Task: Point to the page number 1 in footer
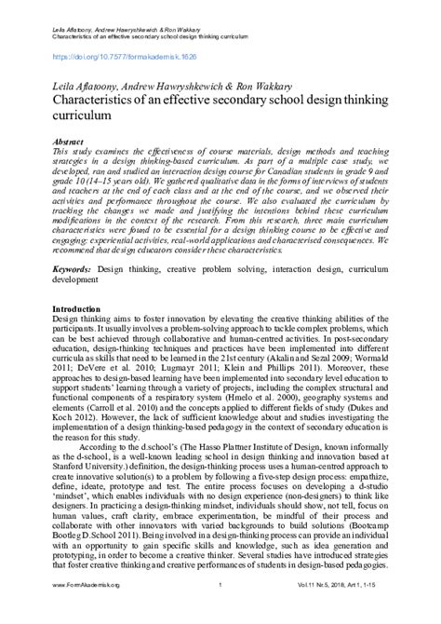point(219,611)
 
